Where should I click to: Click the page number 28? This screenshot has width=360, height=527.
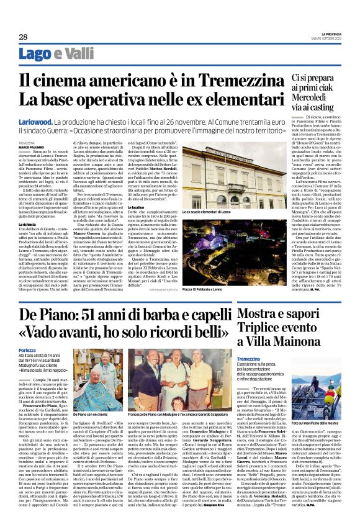23,37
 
